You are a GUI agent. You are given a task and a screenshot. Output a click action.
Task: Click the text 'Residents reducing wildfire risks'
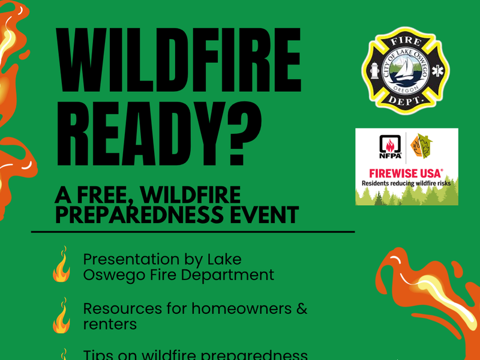click(x=406, y=182)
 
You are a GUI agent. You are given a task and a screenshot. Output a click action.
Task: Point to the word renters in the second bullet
click(x=110, y=325)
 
